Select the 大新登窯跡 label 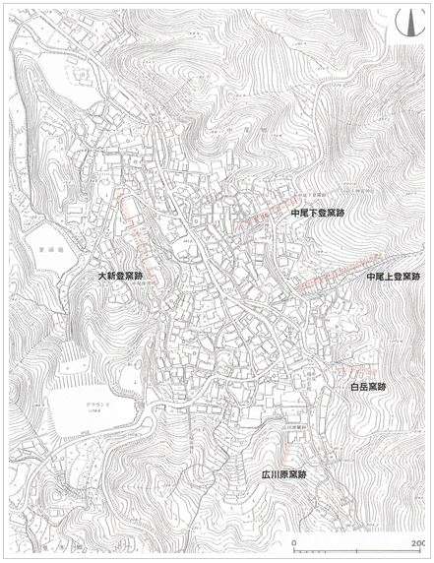(121, 277)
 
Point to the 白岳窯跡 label (367, 388)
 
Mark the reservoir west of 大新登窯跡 (46, 242)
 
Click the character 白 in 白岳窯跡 (352, 388)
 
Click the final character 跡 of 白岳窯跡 (383, 388)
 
